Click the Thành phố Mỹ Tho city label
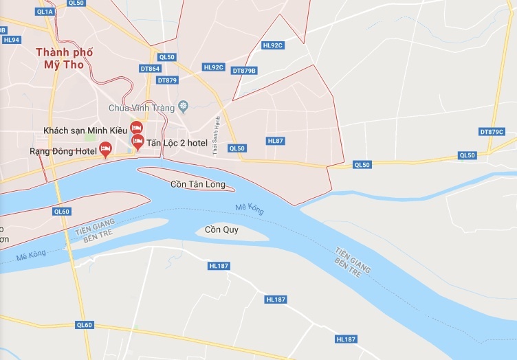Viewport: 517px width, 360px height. pos(64,58)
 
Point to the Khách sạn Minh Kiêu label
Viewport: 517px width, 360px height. pos(85,130)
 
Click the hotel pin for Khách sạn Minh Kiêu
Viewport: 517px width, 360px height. pos(136,127)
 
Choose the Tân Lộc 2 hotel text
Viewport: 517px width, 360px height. pos(177,142)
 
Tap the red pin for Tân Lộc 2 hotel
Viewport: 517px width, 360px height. pos(137,142)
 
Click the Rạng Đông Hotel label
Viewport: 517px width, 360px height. pos(61,150)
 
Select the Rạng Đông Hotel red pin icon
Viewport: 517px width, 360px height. pos(105,148)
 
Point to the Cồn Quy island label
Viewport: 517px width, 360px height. pos(221,229)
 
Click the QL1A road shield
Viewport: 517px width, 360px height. pos(44,12)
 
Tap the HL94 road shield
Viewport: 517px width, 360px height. pos(11,40)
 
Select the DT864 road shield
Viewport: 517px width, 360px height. pos(150,69)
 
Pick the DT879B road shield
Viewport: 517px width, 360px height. pos(244,71)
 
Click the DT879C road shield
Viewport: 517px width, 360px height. pos(492,131)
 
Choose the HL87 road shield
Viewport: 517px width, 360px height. pos(275,141)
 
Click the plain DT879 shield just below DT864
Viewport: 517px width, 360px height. pos(167,80)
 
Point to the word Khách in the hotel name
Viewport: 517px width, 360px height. pos(57,130)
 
